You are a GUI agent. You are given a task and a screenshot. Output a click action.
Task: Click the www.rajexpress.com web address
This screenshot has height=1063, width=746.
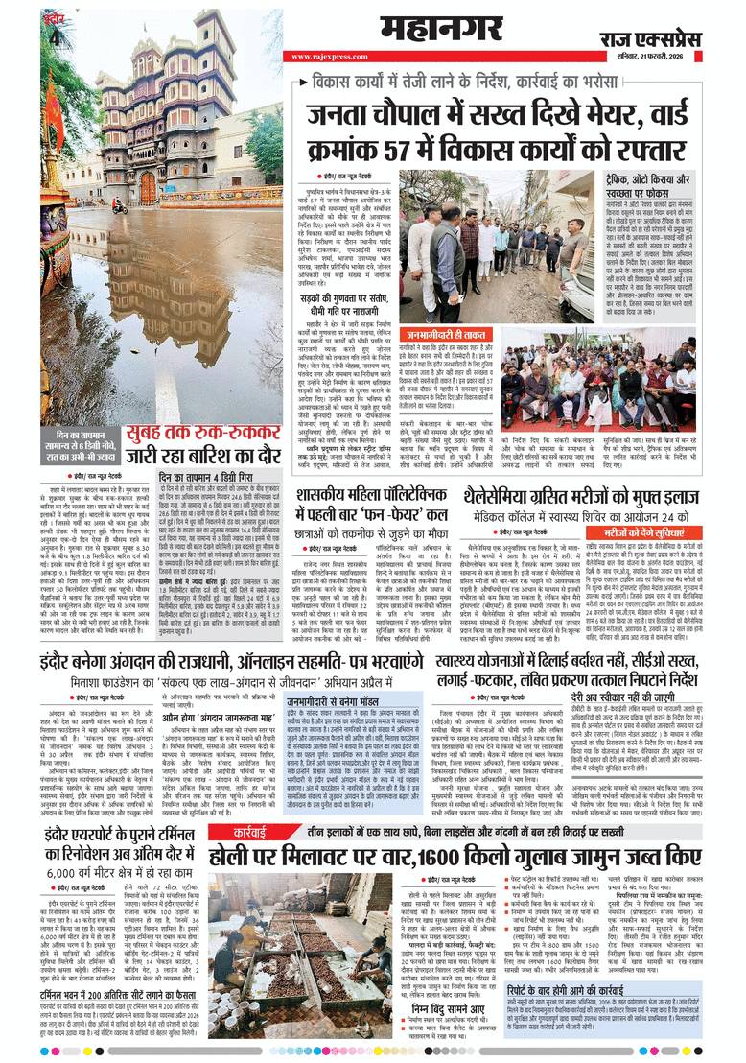click(x=321, y=57)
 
